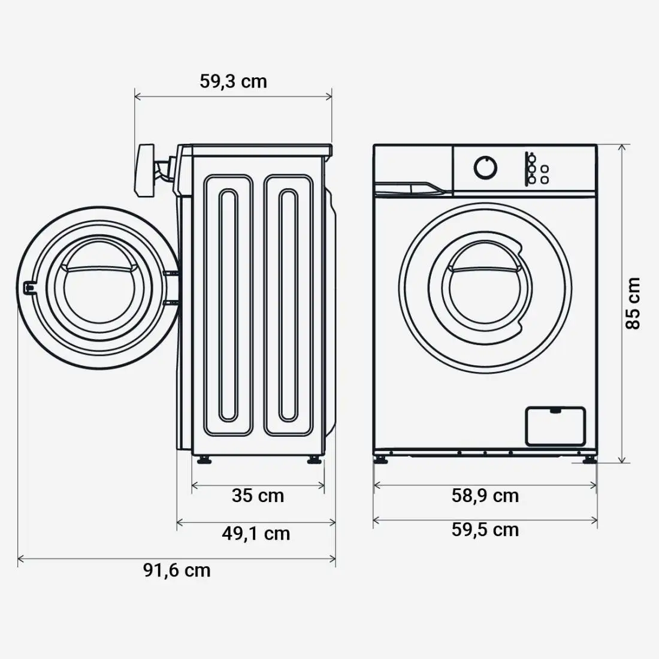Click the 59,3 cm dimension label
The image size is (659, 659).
point(233,81)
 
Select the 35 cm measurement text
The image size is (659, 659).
point(258,495)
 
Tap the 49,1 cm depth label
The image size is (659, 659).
point(256,533)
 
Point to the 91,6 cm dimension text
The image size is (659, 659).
point(177,570)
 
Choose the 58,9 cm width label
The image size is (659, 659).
point(485,495)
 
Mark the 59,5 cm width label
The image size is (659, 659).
point(485,530)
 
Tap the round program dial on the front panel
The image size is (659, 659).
point(485,168)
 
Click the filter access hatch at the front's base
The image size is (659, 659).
point(555,425)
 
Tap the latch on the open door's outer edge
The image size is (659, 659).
point(27,288)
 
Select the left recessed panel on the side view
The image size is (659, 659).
point(228,304)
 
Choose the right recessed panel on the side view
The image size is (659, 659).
point(288,304)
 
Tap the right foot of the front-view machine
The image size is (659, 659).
point(591,460)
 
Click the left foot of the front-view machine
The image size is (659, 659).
point(380,460)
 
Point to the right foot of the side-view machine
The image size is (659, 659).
point(313,460)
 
